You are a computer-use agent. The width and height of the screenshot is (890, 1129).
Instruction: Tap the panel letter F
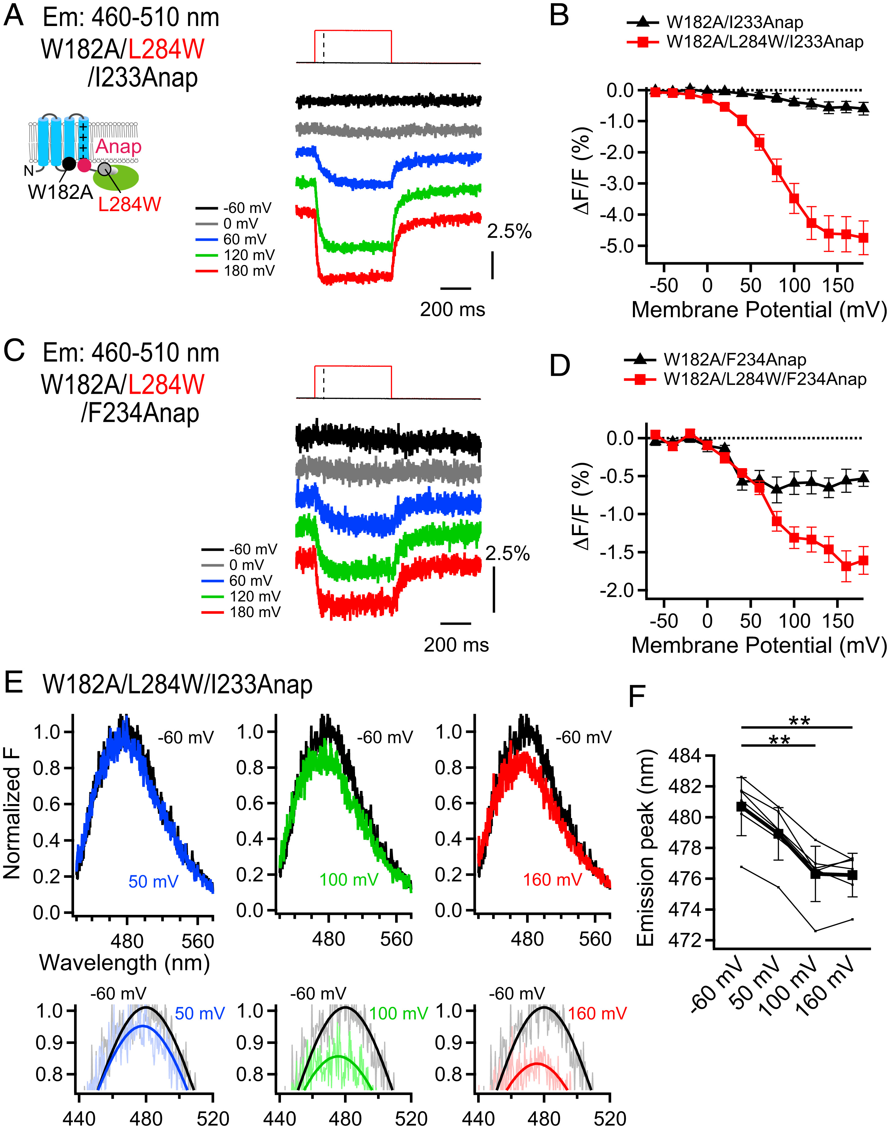click(x=637, y=697)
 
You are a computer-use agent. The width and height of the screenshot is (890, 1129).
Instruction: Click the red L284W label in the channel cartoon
click(x=129, y=204)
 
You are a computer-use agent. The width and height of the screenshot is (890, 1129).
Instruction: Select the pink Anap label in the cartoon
click(x=118, y=146)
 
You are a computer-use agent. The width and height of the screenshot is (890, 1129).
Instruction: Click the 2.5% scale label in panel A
click(x=509, y=231)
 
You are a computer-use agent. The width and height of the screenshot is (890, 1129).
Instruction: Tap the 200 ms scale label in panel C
click(x=456, y=645)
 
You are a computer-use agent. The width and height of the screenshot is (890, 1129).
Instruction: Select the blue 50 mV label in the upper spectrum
click(x=153, y=881)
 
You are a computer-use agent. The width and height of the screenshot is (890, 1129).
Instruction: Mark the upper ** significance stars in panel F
click(x=799, y=721)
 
